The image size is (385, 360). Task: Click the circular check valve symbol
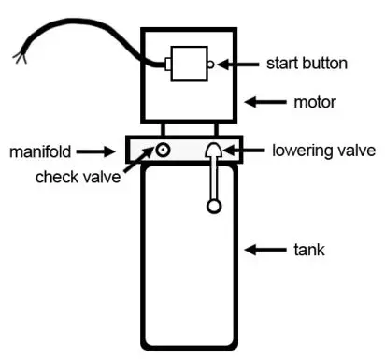coord(163,150)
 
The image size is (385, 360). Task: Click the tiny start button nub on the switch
coord(211,65)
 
